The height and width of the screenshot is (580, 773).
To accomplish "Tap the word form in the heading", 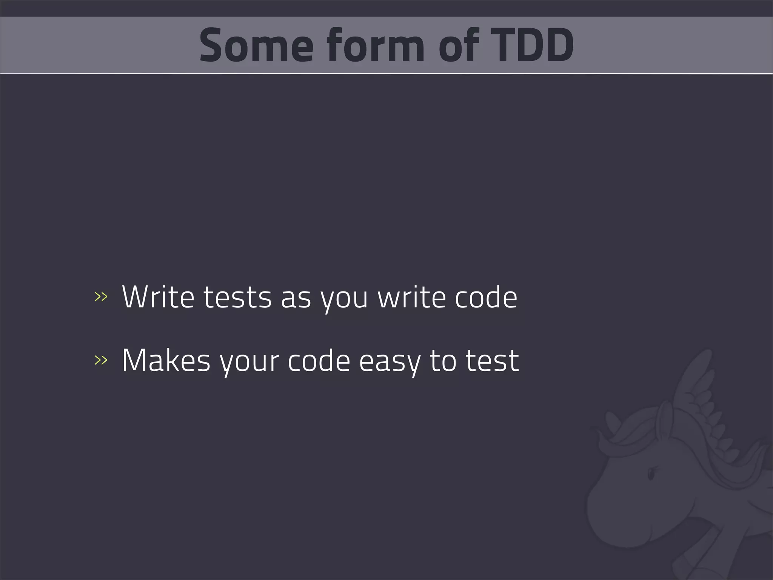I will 376,46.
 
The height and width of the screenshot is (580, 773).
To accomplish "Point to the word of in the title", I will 459,46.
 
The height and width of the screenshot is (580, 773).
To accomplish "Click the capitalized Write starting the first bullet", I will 158,297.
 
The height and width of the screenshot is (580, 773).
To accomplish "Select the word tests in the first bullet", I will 237,297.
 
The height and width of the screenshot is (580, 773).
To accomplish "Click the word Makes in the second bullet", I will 166,361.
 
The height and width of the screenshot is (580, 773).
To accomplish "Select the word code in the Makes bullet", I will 319,361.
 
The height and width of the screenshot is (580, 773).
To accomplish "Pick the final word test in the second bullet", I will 492,361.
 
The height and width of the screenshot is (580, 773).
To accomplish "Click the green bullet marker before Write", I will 101,297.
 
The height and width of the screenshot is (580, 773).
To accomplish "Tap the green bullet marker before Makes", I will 101,361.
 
